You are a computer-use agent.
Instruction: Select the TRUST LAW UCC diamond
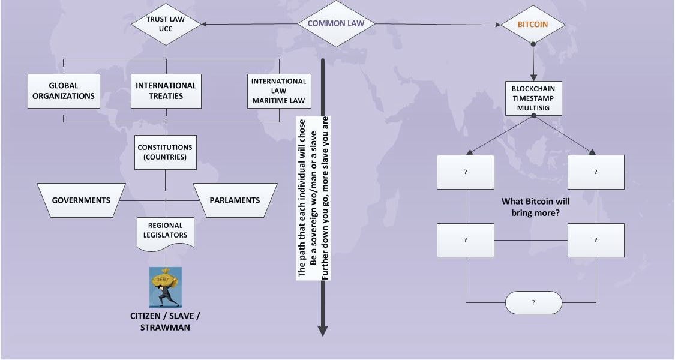pyautogui.click(x=166, y=23)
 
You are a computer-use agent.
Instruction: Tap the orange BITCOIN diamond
pyautogui.click(x=533, y=25)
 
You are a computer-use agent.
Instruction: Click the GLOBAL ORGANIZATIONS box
pyautogui.click(x=64, y=91)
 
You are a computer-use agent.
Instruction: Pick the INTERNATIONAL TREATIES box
pyautogui.click(x=166, y=91)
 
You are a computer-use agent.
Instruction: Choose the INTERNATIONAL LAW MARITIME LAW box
pyautogui.click(x=278, y=91)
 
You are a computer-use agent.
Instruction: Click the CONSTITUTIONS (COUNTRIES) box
pyautogui.click(x=166, y=152)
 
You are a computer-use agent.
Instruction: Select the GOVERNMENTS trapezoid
pyautogui.click(x=81, y=200)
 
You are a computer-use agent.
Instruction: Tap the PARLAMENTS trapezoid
pyautogui.click(x=235, y=200)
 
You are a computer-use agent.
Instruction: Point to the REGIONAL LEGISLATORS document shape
pyautogui.click(x=166, y=231)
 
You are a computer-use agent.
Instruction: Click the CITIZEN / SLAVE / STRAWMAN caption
pyautogui.click(x=165, y=321)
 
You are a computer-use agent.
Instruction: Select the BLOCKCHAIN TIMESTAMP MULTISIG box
pyautogui.click(x=533, y=98)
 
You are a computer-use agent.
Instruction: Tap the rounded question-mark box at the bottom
pyautogui.click(x=533, y=302)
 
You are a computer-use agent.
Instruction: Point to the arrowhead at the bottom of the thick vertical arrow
pyautogui.click(x=323, y=330)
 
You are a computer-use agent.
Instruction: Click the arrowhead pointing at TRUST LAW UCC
pyautogui.click(x=205, y=24)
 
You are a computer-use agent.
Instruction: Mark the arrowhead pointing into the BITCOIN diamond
pyautogui.click(x=497, y=25)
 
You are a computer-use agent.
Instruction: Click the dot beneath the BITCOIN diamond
pyautogui.click(x=533, y=44)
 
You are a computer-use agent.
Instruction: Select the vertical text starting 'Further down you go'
pyautogui.click(x=326, y=198)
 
